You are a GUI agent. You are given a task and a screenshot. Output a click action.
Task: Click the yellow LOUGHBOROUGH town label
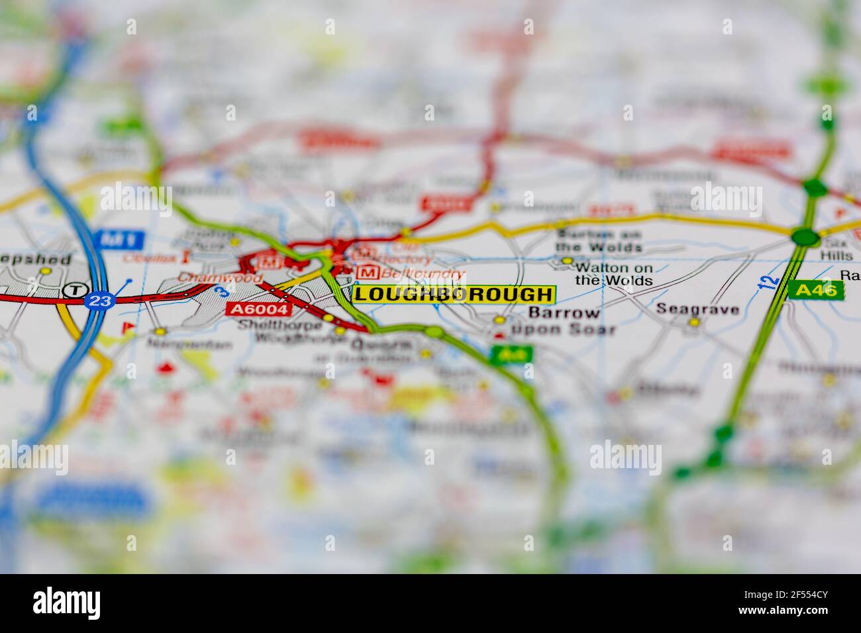453,294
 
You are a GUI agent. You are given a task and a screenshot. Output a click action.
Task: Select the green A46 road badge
816,289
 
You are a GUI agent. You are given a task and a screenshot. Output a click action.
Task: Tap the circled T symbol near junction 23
76,289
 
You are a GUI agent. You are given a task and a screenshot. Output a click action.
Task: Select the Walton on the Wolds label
613,274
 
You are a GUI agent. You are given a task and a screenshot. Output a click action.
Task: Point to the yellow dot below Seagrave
693,322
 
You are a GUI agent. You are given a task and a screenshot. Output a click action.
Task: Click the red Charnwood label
211,278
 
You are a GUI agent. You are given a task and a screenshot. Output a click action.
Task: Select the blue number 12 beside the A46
768,281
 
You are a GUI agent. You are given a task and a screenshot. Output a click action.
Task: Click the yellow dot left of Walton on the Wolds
566,261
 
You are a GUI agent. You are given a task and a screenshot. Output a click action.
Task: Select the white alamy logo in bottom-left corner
67,602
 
